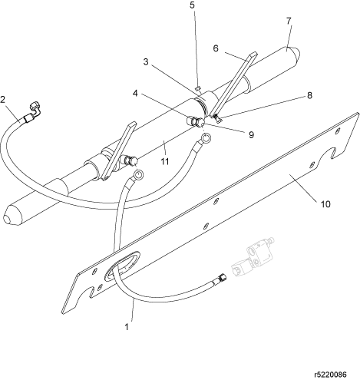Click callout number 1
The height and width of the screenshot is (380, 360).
(x=127, y=327)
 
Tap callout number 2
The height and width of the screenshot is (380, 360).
(x=3, y=100)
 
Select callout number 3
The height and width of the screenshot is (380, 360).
(x=146, y=61)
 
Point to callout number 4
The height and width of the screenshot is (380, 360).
(x=135, y=94)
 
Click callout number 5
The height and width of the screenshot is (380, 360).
(x=192, y=5)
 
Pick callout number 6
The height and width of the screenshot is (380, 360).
(x=216, y=48)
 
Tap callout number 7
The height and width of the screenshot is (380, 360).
(x=289, y=21)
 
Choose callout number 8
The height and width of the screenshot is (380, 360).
(x=309, y=95)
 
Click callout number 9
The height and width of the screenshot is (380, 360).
(x=252, y=135)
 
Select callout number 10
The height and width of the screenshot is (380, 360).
(x=325, y=204)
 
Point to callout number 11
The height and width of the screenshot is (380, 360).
(x=165, y=161)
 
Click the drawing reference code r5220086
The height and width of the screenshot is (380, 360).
(x=330, y=375)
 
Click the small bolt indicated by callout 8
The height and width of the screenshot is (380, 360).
(x=217, y=118)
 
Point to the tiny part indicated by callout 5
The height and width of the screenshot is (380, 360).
(x=197, y=88)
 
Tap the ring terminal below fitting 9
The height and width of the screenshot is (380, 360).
(x=206, y=138)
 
